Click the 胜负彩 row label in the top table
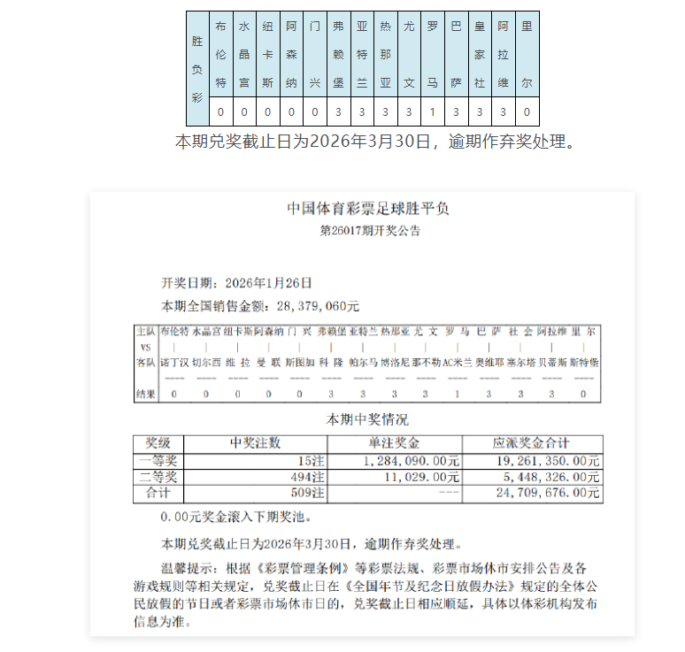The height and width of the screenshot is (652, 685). click(x=197, y=68)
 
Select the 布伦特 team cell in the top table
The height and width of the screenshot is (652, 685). click(x=221, y=55)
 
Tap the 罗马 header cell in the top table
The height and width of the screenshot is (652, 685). click(x=432, y=55)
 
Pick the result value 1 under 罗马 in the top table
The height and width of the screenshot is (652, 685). click(x=432, y=112)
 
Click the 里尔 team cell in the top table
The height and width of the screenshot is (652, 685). click(x=527, y=55)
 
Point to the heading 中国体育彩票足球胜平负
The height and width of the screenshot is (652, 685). click(x=368, y=209)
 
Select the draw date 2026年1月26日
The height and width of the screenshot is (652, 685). click(x=269, y=283)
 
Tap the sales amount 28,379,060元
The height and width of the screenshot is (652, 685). click(x=319, y=306)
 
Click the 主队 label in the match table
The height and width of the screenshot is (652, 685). click(x=146, y=331)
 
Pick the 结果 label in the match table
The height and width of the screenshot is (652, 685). click(x=146, y=394)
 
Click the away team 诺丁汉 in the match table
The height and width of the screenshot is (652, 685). click(x=173, y=362)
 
